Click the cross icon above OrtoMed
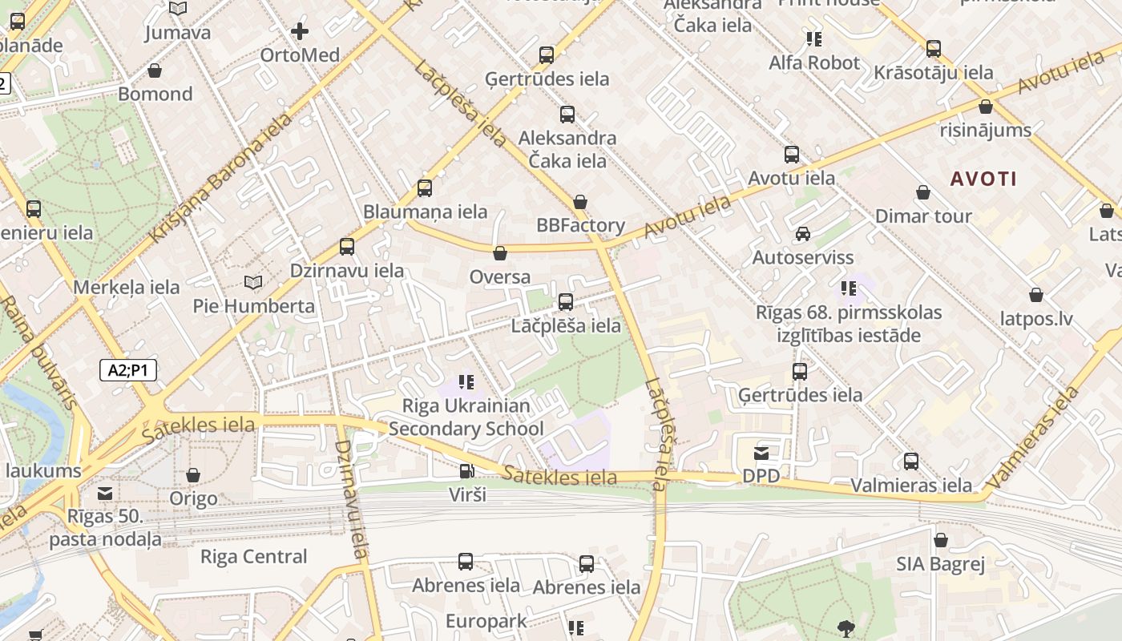[300, 31]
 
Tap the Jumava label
[178, 33]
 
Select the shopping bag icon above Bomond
[155, 71]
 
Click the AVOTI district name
[983, 179]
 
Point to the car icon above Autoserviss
[802, 234]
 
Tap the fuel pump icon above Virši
[466, 471]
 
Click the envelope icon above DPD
[761, 454]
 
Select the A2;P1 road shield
[128, 370]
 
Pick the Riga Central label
[253, 556]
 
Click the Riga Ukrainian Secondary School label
[466, 417]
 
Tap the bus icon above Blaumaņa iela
[425, 188]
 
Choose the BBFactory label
[580, 225]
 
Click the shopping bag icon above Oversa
[500, 254]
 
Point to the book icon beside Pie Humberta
[253, 283]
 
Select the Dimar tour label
[923, 216]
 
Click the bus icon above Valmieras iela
[911, 462]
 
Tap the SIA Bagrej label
[940, 564]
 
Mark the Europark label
[486, 621]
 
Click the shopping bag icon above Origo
[193, 476]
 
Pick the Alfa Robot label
[814, 62]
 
